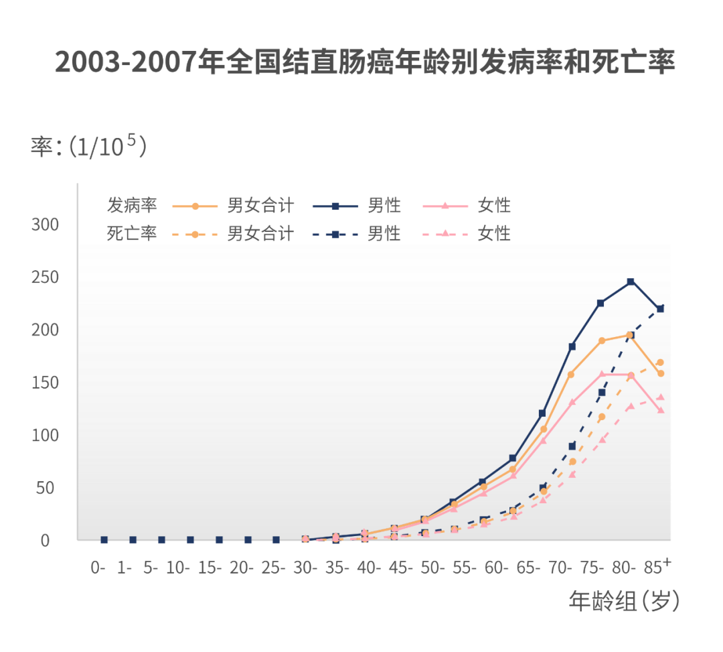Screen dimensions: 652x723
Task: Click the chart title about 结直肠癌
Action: tap(365, 62)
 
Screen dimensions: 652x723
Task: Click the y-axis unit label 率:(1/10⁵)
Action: tap(88, 146)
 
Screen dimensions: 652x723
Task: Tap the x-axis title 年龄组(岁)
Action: tap(624, 601)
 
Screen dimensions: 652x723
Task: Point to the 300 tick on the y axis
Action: tap(45, 224)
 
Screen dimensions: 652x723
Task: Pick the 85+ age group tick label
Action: tap(657, 567)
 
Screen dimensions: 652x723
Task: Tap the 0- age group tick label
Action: tap(98, 568)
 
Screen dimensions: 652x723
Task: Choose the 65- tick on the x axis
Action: tap(529, 568)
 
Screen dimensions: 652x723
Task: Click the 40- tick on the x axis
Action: tap(369, 568)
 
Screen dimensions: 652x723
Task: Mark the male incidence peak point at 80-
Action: tap(631, 282)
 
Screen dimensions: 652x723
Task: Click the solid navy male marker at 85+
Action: tap(660, 309)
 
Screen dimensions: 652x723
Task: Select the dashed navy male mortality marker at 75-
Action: tap(601, 393)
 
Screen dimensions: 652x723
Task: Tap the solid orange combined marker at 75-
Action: tap(601, 341)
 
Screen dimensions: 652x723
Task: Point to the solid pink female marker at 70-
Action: tap(572, 403)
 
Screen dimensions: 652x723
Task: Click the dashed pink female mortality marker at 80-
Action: tap(631, 406)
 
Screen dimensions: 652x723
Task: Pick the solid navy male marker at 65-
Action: tap(542, 413)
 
